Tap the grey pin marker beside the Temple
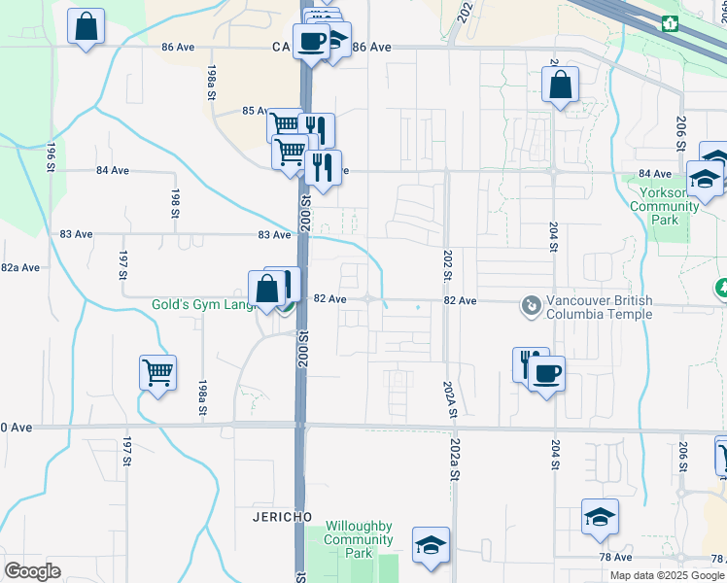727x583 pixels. point(531,307)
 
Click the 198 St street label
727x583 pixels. point(176,204)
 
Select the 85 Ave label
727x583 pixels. point(255,111)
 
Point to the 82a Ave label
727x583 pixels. point(19,267)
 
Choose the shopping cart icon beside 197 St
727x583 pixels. point(157,372)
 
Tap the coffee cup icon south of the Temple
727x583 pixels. point(546,373)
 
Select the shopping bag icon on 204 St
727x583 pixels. point(561,85)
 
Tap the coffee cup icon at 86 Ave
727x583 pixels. point(311,42)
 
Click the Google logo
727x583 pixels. point(32,570)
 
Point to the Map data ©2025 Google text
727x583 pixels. point(667,575)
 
